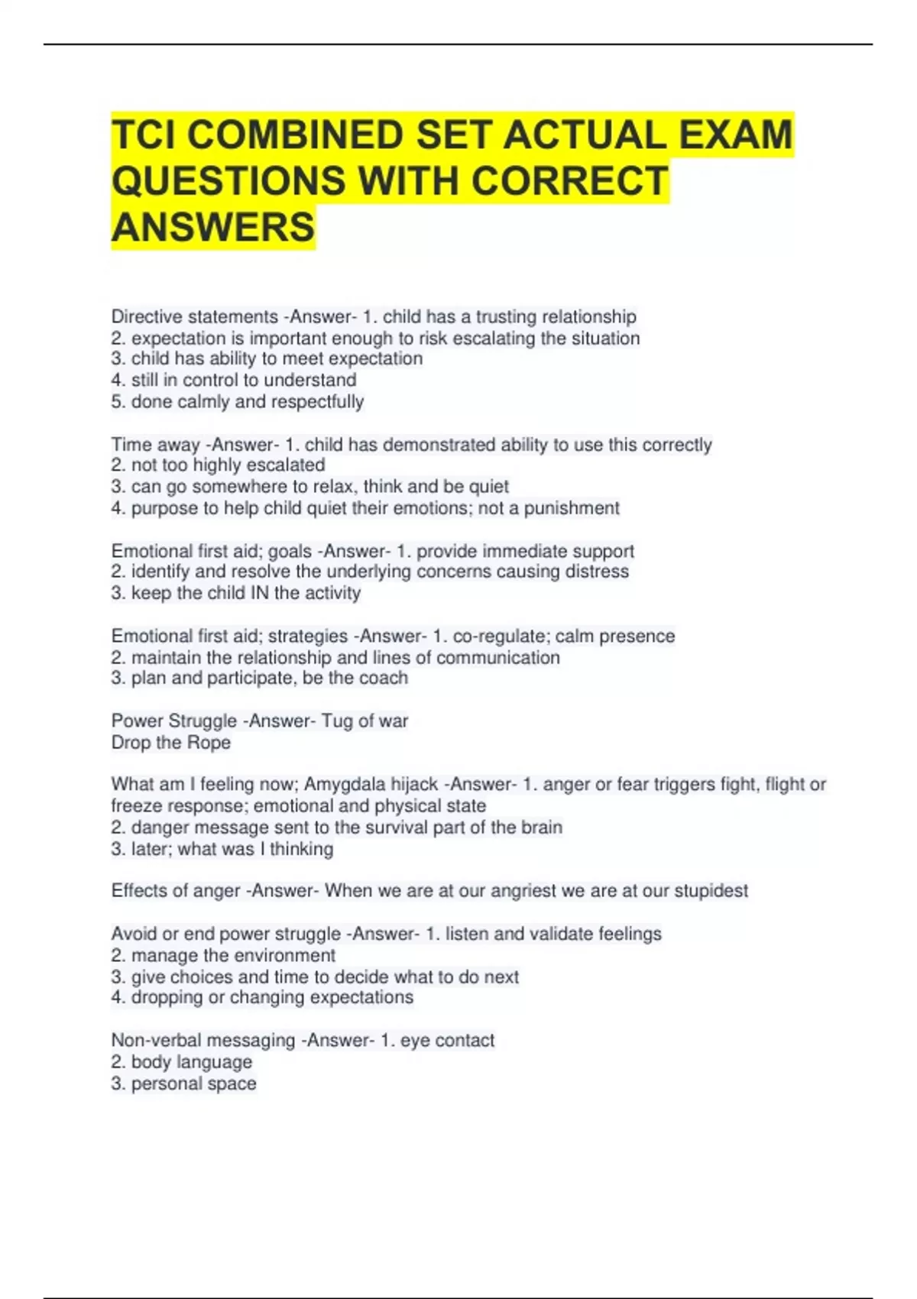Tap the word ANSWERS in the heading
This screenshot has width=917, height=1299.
click(x=213, y=227)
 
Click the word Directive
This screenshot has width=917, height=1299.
click(x=145, y=316)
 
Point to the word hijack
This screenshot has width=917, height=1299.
click(x=414, y=784)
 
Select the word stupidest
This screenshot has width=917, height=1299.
click(x=711, y=891)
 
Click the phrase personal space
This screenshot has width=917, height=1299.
click(x=194, y=1084)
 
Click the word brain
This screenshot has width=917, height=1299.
click(x=541, y=828)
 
